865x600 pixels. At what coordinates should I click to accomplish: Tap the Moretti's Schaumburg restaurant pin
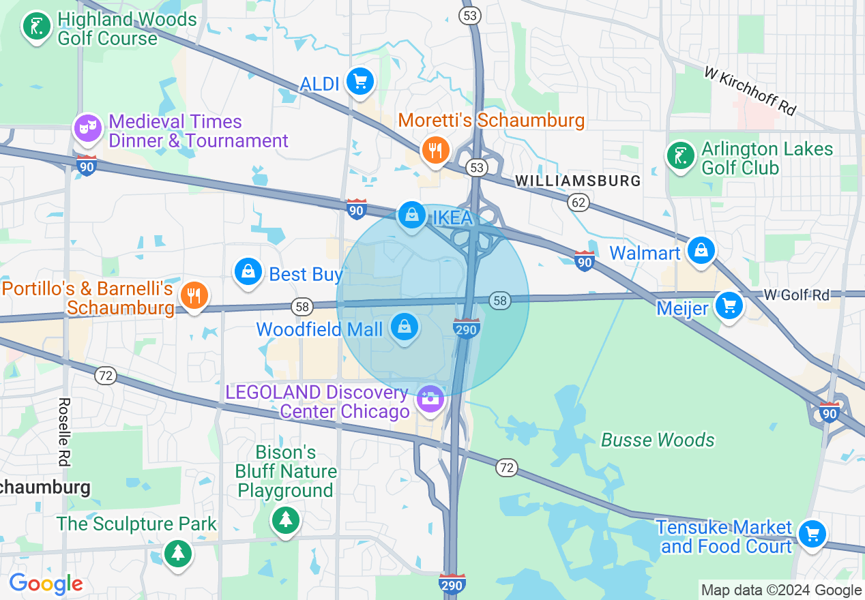[x=434, y=149]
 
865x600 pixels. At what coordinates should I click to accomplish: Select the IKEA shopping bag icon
[x=411, y=216]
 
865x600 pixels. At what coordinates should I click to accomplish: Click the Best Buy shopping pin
[x=249, y=272]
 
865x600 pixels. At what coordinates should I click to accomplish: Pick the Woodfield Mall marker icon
[x=405, y=327]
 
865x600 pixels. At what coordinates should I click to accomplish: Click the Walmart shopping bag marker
[x=701, y=250]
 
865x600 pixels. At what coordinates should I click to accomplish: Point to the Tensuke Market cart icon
[x=812, y=534]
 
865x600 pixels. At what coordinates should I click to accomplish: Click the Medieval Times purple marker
[x=87, y=128]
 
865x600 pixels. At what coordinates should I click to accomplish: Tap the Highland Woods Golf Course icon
[x=36, y=27]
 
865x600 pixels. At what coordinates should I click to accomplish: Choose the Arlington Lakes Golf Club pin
[x=680, y=156]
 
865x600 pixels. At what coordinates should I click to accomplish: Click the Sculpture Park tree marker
[x=178, y=551]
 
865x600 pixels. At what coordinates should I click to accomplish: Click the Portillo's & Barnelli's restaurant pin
[x=194, y=295]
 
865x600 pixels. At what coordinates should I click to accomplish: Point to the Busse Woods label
[x=658, y=440]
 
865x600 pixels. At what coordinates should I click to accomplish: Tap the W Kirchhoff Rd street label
[x=750, y=91]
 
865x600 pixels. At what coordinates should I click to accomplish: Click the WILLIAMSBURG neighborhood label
[x=578, y=181]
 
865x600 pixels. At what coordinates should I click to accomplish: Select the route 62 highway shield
[x=578, y=201]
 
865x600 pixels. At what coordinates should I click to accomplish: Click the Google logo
[x=46, y=584]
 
